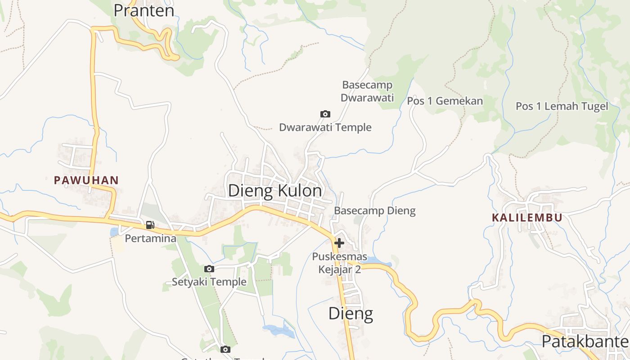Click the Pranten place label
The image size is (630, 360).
[x=144, y=10]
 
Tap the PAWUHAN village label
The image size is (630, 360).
[x=86, y=180]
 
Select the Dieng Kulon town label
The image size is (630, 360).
[x=275, y=191]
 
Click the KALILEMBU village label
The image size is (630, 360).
[x=527, y=218]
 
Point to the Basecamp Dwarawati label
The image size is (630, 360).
[x=367, y=91]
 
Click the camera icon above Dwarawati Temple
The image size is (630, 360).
[x=325, y=114]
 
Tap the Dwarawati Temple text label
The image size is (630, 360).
[x=325, y=127]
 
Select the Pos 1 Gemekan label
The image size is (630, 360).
[x=445, y=101]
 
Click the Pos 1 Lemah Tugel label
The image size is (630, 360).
[x=562, y=106]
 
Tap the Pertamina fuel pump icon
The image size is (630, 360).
[x=150, y=225]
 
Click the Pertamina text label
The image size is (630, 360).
[x=150, y=238]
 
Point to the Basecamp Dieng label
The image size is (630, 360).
[x=374, y=211]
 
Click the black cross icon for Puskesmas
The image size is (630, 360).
[x=339, y=243]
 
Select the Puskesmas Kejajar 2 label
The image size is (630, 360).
[x=339, y=263]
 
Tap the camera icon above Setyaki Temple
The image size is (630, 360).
[x=209, y=269]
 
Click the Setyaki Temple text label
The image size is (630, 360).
[x=209, y=282]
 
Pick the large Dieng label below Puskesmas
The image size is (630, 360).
[x=351, y=313]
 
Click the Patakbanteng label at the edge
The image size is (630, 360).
[x=585, y=342]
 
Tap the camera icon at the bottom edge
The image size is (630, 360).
[x=225, y=349]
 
